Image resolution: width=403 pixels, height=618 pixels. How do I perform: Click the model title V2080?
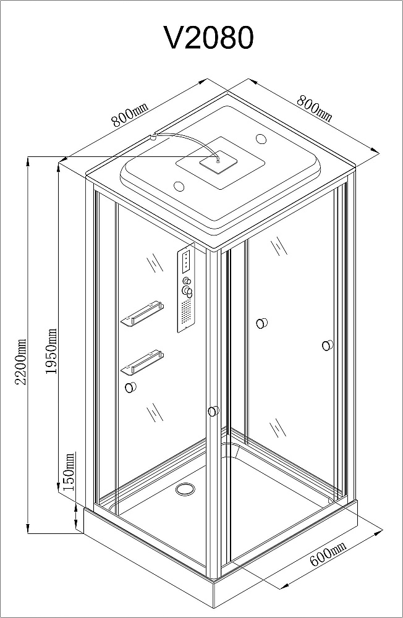(x=208, y=38)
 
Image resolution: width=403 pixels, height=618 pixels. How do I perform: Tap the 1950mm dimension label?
(x=51, y=352)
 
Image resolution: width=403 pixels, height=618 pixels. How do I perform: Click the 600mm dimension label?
(x=328, y=553)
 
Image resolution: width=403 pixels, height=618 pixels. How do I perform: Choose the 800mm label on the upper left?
(x=130, y=115)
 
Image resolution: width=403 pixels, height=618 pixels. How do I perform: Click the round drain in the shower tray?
(x=185, y=489)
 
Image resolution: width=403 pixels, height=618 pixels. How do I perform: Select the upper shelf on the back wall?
(x=142, y=313)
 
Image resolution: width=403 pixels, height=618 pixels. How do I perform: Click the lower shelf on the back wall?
(x=142, y=362)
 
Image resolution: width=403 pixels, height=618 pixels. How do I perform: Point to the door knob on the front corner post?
(x=213, y=412)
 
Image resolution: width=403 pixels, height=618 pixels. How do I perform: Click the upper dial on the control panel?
(x=187, y=281)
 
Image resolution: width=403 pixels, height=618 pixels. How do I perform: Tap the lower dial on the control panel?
(x=187, y=292)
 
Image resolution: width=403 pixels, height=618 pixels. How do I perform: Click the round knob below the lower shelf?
(x=130, y=388)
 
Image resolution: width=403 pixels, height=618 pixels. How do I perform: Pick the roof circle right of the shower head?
(x=261, y=138)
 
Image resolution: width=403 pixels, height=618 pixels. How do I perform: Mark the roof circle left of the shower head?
(x=179, y=185)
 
